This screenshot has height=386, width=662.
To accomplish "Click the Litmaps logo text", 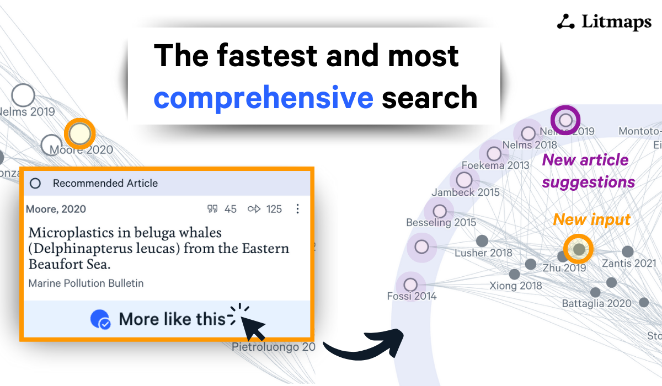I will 616,22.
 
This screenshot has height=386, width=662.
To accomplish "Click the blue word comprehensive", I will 263,98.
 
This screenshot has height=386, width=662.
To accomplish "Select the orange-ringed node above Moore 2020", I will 80,133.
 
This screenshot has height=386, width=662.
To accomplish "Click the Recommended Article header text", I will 105,183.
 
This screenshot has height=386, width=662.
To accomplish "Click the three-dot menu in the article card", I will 298,209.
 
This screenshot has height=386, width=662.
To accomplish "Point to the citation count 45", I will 230,209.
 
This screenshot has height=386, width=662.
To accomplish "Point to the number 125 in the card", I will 274,209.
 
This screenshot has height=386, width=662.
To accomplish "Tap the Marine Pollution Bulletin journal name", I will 86,283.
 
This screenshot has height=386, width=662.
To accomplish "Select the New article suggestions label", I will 588,171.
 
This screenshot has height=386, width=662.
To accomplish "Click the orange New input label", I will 592,219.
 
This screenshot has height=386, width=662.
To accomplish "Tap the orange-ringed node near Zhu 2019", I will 579,249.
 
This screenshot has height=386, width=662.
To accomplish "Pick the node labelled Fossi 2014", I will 410,285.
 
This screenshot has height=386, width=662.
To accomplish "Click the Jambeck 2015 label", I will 466,192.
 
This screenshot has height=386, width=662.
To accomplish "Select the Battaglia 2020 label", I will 596,304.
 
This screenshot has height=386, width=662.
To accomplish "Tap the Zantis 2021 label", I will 629,264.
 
